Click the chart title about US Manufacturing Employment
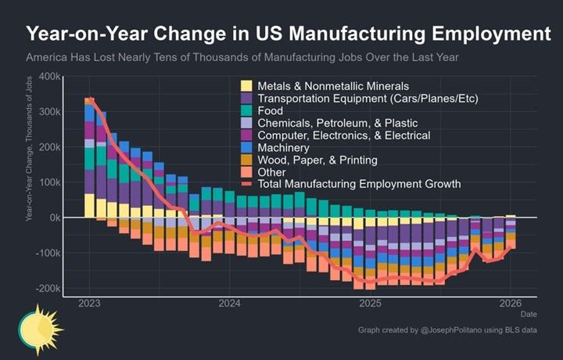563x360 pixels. pos(281,34)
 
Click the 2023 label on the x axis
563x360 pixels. pos(89,303)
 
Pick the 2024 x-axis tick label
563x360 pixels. pos(229,303)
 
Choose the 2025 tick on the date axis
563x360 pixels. pos(370,303)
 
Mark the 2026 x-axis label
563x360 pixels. pos(511,303)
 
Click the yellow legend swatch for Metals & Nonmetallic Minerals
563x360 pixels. pos(246,85)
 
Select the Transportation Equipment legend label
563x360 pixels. pos(368,98)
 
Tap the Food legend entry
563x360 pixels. pos(270,110)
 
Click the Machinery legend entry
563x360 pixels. pos(283,147)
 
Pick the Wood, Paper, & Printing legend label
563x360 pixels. pos(317,160)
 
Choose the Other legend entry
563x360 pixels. pos(271,172)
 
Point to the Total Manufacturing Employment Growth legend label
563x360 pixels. pos(359,185)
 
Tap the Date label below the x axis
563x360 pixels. pos(529,315)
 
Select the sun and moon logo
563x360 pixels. pos(35,329)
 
